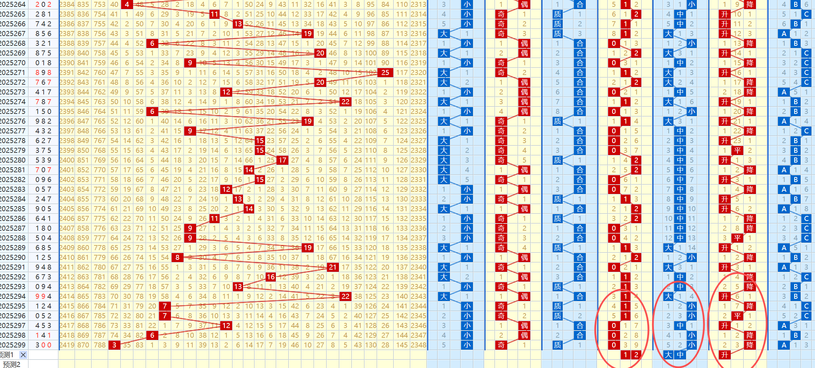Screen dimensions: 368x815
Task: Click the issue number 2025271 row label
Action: click(x=13, y=72)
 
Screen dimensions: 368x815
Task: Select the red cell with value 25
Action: click(x=385, y=72)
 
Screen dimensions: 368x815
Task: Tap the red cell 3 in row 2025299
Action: click(x=114, y=345)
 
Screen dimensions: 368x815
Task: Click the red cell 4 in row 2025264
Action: click(x=127, y=4)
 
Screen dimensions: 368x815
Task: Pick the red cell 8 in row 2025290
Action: click(x=177, y=257)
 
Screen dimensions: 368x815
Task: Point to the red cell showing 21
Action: click(x=333, y=267)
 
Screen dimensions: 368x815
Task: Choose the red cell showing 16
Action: click(x=271, y=277)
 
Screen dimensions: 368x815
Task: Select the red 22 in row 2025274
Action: click(x=345, y=102)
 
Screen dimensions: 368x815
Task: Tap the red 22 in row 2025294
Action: click(x=345, y=296)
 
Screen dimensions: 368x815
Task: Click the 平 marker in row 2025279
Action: click(x=738, y=150)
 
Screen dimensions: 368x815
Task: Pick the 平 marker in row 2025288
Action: click(x=738, y=238)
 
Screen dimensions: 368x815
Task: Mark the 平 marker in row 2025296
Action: click(x=738, y=316)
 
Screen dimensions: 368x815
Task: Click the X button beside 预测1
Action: click(x=23, y=355)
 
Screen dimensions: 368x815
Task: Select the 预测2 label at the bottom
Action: click(x=12, y=364)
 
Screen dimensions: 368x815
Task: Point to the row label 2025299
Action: click(x=13, y=345)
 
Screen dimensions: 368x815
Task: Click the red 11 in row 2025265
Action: click(x=214, y=14)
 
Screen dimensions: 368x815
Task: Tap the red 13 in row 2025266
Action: click(x=238, y=24)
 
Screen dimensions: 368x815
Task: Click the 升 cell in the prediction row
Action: click(x=725, y=355)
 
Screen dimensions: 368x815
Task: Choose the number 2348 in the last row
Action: click(x=418, y=345)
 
